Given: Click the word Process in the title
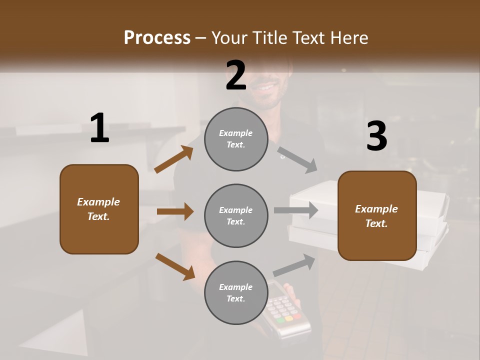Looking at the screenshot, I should pos(157,38).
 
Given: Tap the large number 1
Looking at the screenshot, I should pos(99,128).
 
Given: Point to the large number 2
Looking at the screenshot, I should pos(236,75).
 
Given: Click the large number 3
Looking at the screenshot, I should pos(376,136).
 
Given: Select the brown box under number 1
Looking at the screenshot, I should pos(99,209).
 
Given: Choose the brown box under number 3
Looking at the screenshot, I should pos(377,215).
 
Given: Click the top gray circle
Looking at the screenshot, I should pos(236,139).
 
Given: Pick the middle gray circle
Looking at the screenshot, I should pos(236,215).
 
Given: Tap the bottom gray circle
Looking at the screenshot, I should pos(236,292).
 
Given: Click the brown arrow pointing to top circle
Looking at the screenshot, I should pos(173,159).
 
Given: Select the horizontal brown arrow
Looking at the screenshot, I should pos(175,211).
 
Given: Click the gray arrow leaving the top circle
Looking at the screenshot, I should pos(297,159).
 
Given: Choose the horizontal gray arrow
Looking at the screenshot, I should pos(296,210).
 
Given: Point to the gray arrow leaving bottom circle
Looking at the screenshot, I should pos(294,265).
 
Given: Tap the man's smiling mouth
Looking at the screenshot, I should pos(265,88).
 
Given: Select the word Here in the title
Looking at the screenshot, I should pos(348,38).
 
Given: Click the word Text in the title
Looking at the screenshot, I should pos(308,38).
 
